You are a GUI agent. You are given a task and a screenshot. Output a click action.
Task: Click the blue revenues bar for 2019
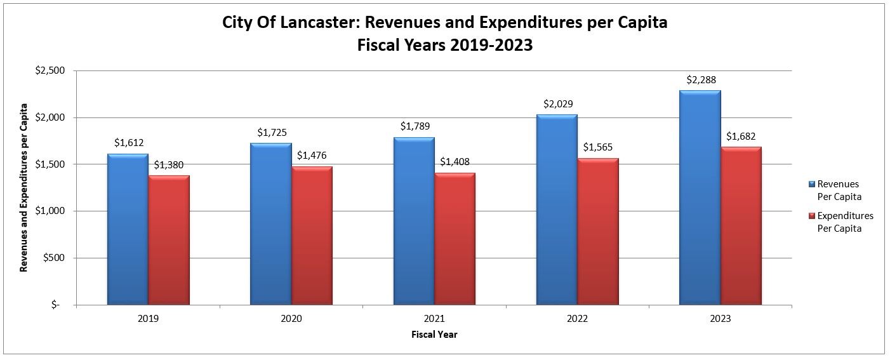click(x=128, y=229)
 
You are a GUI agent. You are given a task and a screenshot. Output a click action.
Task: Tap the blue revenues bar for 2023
click(x=700, y=197)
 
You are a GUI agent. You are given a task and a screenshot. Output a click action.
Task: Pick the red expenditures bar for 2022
click(x=598, y=232)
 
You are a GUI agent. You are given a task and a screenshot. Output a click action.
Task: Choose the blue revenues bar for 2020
click(x=270, y=224)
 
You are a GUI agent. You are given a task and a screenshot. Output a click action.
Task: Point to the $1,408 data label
click(x=455, y=162)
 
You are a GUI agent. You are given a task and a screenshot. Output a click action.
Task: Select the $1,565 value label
click(x=598, y=147)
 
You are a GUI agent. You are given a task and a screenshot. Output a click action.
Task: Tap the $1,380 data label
click(x=169, y=164)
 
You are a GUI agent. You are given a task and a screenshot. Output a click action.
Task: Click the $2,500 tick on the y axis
click(x=51, y=70)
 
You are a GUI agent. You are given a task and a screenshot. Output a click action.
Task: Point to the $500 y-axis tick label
click(x=55, y=258)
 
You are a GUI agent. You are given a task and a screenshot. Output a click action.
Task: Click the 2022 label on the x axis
click(x=577, y=319)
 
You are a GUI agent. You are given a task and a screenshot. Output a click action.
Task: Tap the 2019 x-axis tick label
click(x=148, y=319)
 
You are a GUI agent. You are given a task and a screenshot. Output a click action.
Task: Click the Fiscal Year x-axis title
click(x=434, y=335)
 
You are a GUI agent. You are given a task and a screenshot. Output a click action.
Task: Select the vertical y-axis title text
click(x=24, y=187)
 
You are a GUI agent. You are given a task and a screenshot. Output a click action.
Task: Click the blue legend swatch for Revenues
click(x=811, y=184)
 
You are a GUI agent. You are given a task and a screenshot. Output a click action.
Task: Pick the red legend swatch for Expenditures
click(x=811, y=216)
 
